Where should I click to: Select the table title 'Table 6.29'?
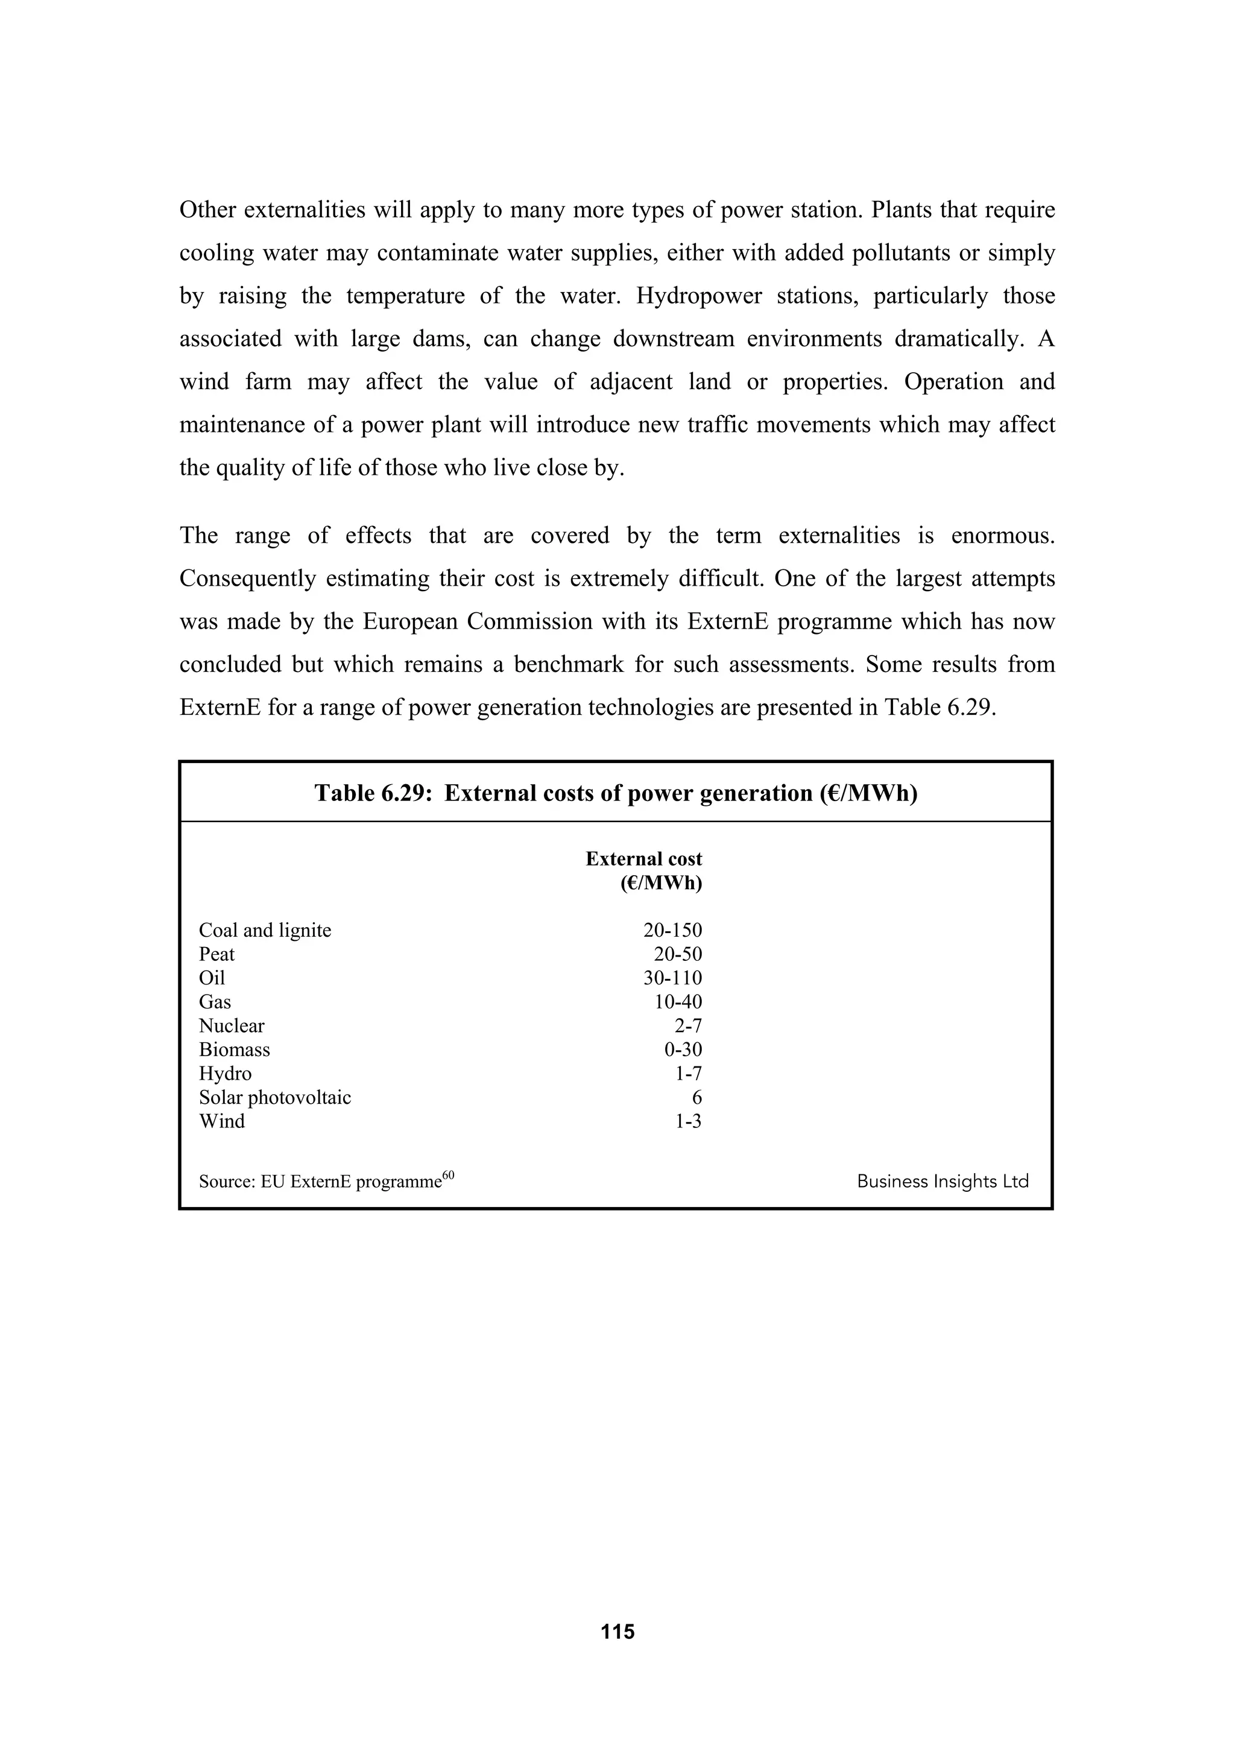616,793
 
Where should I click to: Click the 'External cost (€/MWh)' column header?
644,871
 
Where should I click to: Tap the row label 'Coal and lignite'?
265,930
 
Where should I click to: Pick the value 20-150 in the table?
672,930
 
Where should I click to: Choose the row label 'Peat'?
217,954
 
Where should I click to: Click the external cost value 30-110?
672,978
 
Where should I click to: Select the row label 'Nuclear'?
232,1026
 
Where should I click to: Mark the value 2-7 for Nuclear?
688,1026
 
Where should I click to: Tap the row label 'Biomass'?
235,1050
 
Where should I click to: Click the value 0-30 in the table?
683,1050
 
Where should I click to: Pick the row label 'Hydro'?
226,1074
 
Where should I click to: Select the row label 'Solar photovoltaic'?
275,1098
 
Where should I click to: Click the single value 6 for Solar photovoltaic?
697,1098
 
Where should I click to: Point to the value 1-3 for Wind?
688,1121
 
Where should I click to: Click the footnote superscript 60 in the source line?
448,1175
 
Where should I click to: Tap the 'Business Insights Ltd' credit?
942,1182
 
